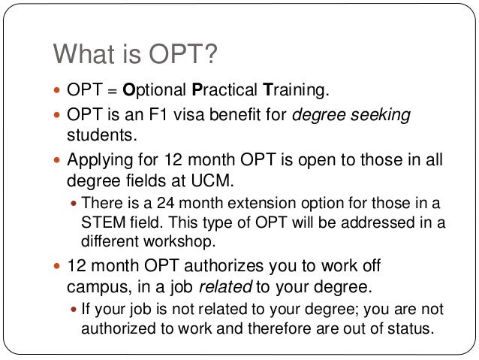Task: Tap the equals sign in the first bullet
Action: tap(109, 91)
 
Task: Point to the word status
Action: tap(414, 329)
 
